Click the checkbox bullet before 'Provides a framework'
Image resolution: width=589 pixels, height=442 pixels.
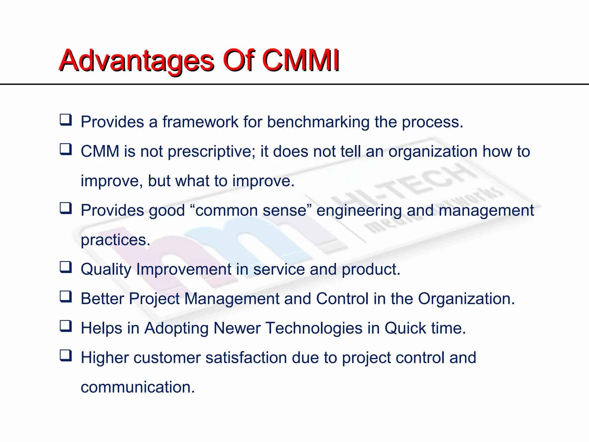[x=66, y=119]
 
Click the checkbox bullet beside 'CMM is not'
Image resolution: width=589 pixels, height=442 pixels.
[x=66, y=149]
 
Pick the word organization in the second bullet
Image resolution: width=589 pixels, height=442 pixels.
[x=433, y=152]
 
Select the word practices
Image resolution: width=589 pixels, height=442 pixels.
[x=115, y=240]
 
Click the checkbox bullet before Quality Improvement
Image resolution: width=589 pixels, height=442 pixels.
[x=66, y=267]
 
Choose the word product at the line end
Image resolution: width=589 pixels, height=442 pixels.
[x=371, y=270]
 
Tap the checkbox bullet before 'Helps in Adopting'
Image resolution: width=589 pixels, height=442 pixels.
[x=66, y=326]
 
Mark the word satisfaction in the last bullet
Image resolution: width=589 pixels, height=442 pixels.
[x=246, y=358]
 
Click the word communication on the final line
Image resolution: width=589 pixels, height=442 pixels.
[x=137, y=387]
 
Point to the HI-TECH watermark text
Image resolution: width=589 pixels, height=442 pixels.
[x=403, y=187]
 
